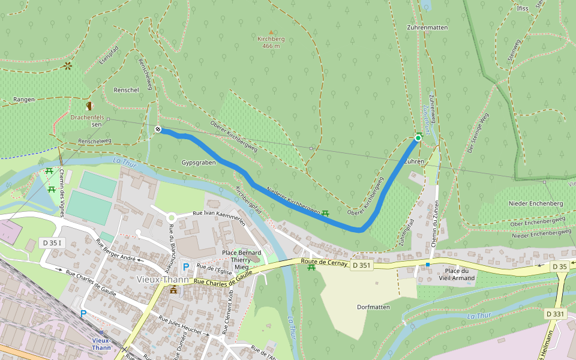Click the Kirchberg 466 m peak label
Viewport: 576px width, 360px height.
click(270, 42)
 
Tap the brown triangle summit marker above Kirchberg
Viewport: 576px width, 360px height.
click(270, 32)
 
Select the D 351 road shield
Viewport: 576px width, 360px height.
click(362, 265)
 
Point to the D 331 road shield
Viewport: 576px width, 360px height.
click(556, 314)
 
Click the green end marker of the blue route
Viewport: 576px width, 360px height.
click(418, 138)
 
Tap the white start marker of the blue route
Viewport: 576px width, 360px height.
click(158, 130)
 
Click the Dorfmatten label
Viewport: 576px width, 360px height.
click(373, 307)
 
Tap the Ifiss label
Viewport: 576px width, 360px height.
click(522, 9)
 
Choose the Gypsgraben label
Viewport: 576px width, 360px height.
click(198, 163)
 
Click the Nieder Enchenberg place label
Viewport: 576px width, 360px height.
click(536, 203)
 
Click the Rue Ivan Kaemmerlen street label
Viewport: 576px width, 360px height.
click(218, 217)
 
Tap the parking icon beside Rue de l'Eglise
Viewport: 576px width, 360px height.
click(186, 267)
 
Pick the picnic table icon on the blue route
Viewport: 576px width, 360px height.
click(325, 213)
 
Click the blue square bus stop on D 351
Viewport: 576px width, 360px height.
click(428, 265)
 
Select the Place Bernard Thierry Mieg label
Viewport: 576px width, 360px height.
click(242, 259)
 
